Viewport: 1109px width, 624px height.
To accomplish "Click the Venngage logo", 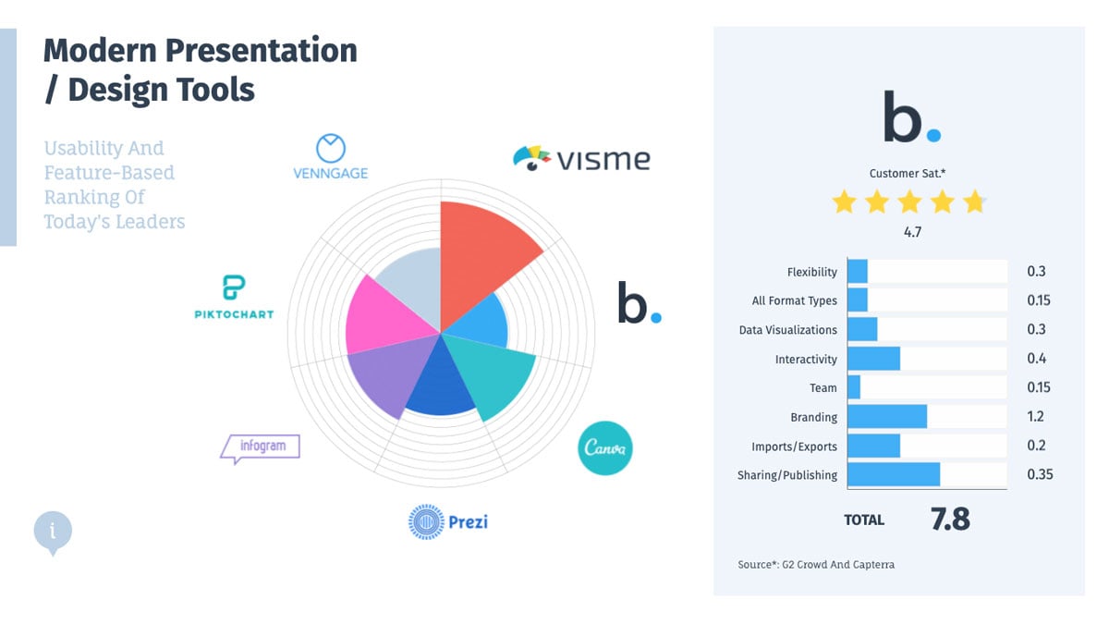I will coord(330,157).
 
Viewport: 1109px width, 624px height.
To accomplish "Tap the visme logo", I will coord(581,158).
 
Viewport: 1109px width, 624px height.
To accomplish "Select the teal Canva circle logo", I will coord(605,448).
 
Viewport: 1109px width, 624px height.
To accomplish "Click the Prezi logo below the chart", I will coord(448,521).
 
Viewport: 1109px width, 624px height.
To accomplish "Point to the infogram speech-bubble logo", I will coord(260,447).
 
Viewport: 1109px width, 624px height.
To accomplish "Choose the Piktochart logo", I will coord(234,297).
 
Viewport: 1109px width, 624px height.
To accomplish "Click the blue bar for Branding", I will coord(886,417).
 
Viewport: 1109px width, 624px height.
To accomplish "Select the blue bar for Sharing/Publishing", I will coord(893,475).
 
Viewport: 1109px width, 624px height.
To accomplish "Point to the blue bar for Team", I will coord(854,387).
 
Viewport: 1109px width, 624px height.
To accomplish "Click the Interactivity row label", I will coord(806,359).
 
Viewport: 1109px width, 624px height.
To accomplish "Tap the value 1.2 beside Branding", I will coord(1036,416).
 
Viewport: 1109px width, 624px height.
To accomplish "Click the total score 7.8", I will coord(950,520).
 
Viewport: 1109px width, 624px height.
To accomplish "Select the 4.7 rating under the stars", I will coord(911,232).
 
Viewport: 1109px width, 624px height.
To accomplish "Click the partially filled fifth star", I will coord(975,202).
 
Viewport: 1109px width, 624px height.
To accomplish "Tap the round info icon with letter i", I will coord(53,531).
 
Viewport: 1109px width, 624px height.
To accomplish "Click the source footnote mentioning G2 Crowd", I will coord(816,564).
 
